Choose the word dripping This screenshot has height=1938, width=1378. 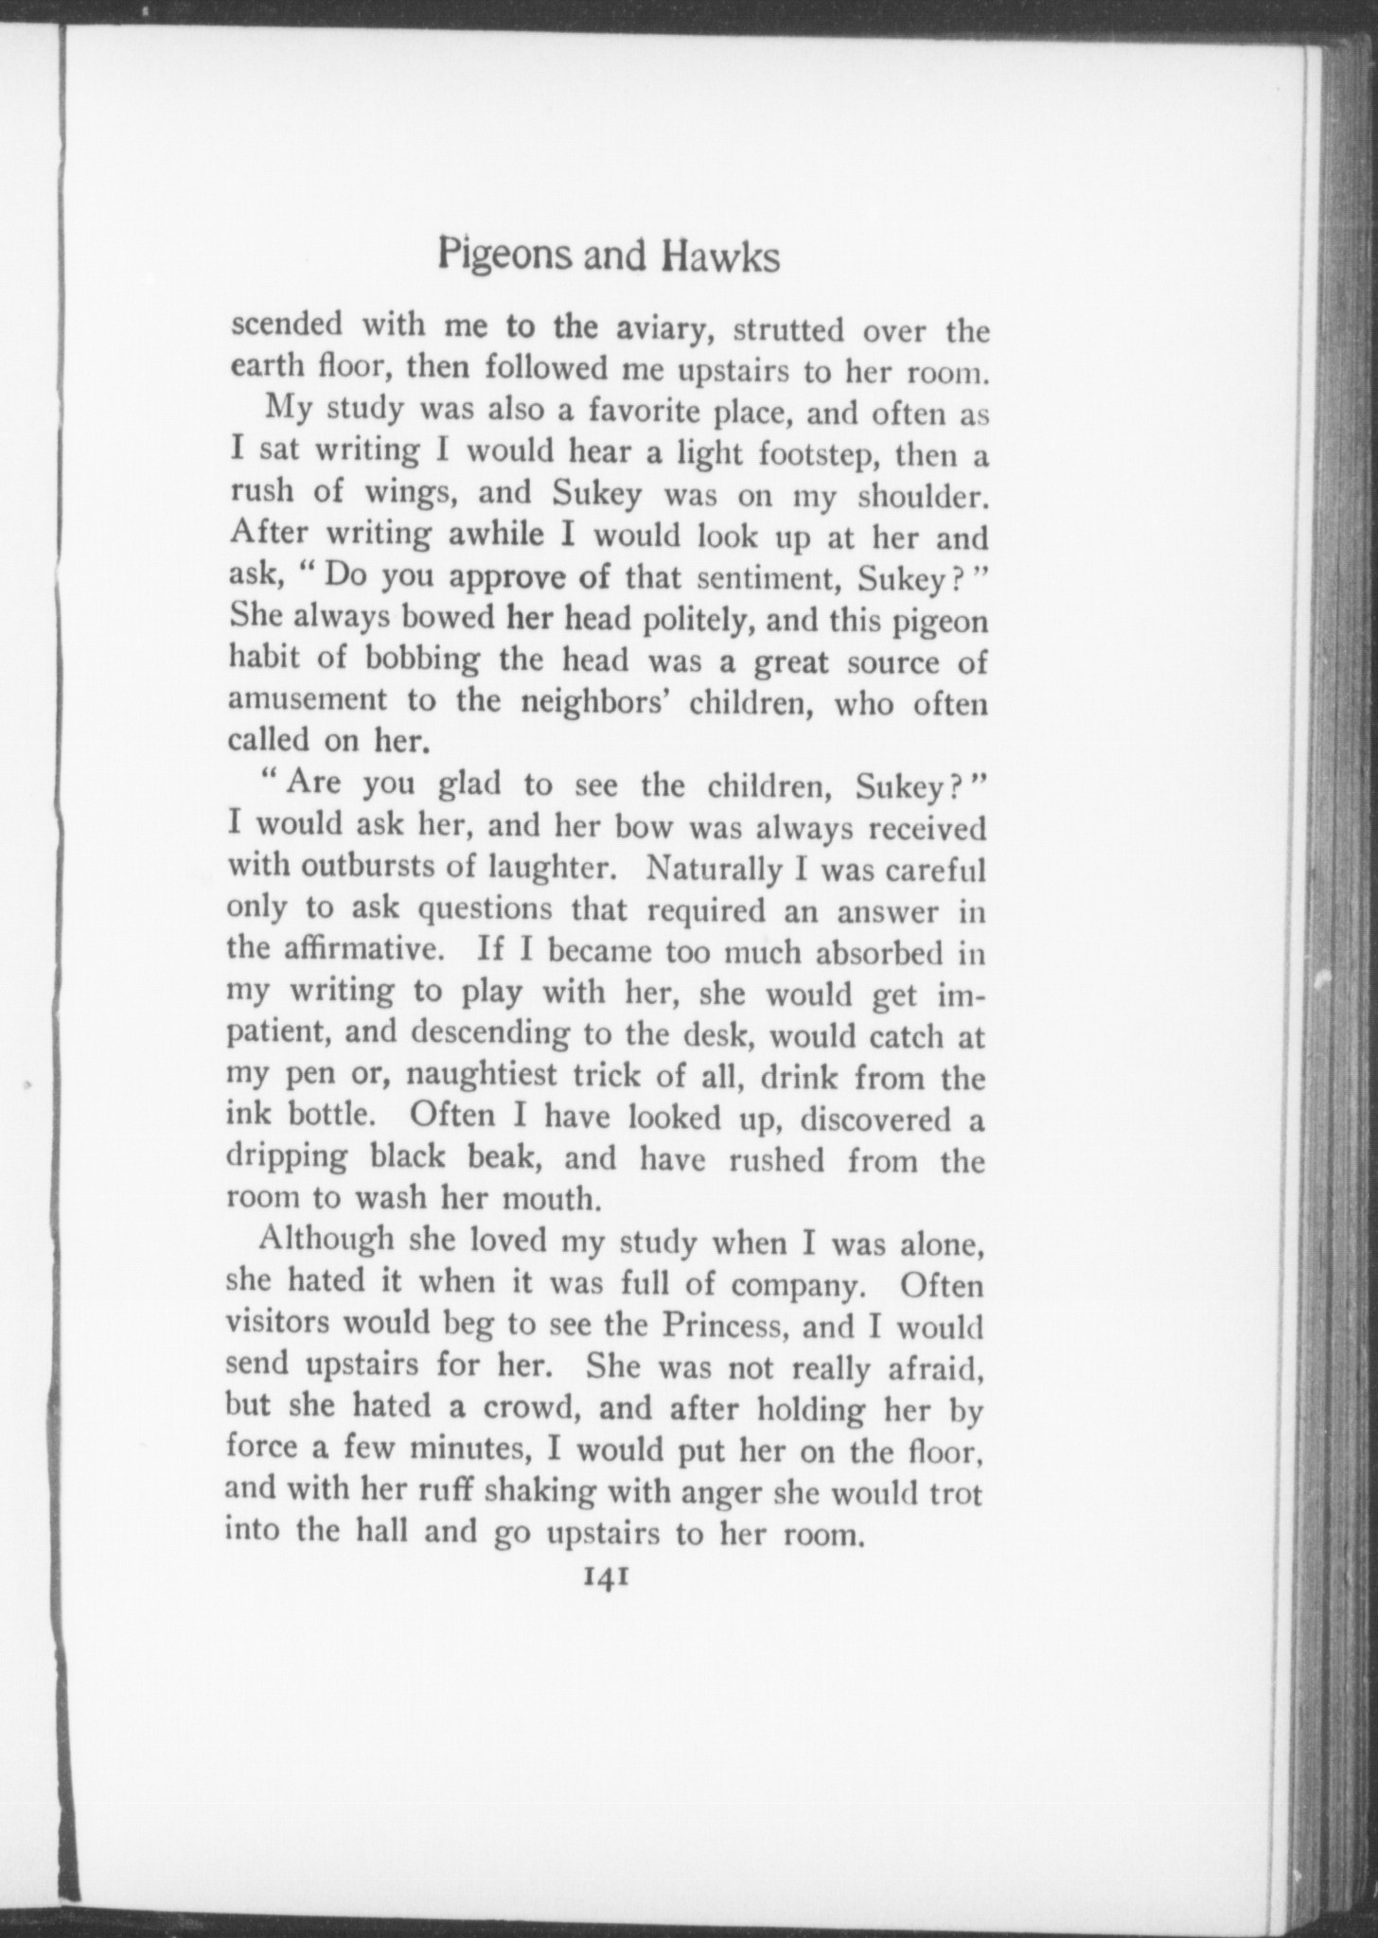tap(288, 1158)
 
